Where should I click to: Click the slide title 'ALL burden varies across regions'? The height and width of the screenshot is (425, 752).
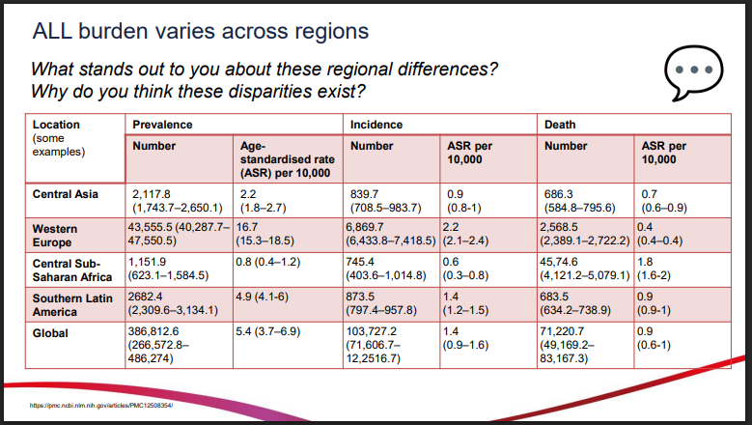201,31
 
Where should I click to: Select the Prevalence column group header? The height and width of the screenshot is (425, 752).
163,125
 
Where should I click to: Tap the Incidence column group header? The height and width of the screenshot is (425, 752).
376,125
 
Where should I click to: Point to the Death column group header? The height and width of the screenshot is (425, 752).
561,125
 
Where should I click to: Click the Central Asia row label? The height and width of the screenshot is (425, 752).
65,194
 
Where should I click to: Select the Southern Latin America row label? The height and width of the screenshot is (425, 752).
72,304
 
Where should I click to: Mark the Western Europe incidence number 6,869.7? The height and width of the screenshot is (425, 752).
372,225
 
